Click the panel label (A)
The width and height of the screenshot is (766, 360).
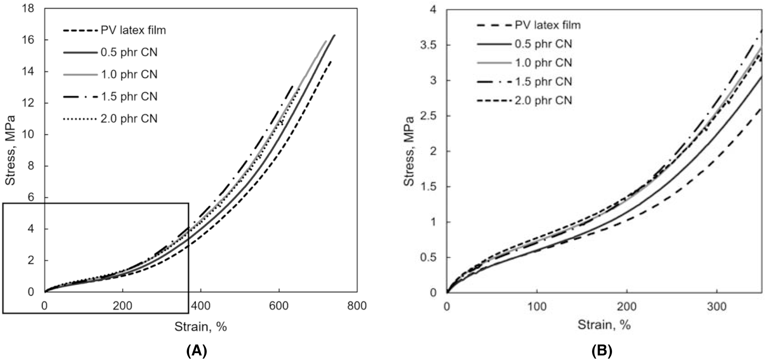click(x=197, y=350)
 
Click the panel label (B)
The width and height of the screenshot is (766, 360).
click(x=602, y=350)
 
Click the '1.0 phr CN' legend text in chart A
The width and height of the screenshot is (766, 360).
click(x=129, y=74)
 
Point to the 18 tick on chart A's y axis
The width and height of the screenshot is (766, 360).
click(x=29, y=9)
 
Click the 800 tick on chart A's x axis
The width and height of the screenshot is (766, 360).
click(x=357, y=306)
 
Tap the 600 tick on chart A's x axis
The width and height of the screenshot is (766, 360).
click(x=279, y=306)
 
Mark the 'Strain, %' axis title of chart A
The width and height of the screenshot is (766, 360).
click(x=200, y=326)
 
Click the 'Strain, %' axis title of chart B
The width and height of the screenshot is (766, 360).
click(x=604, y=324)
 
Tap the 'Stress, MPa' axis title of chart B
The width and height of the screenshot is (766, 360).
click(x=409, y=151)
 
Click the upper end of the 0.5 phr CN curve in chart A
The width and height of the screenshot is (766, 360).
click(x=335, y=35)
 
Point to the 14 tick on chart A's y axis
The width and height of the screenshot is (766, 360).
click(x=29, y=72)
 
